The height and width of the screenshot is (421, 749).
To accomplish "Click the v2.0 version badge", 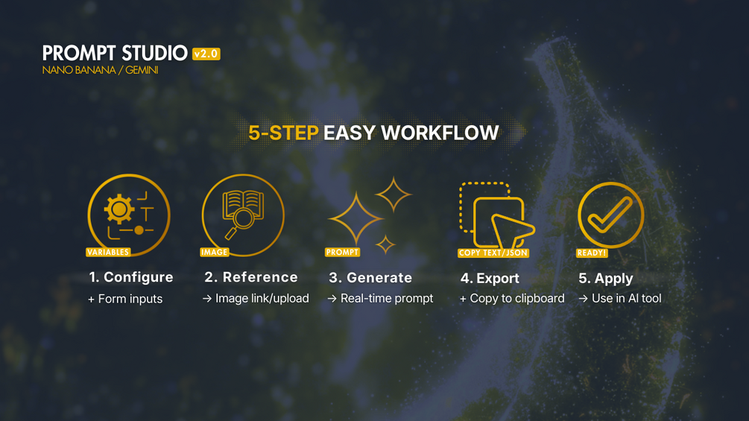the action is (x=206, y=54).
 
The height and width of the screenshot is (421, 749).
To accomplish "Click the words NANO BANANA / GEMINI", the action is (x=100, y=70).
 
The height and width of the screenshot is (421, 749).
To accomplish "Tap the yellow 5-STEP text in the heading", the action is (x=283, y=133).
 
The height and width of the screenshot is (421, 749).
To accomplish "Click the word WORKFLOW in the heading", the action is (x=440, y=133).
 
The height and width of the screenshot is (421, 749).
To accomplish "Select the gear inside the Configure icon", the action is (x=119, y=209).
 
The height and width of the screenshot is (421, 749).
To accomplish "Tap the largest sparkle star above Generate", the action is (x=356, y=219).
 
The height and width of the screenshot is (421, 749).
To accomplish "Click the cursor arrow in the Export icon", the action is (x=511, y=231).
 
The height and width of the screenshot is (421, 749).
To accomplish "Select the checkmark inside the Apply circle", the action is (x=610, y=215).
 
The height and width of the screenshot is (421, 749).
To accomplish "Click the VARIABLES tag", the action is (x=108, y=252).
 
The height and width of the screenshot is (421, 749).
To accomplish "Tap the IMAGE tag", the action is (x=214, y=252).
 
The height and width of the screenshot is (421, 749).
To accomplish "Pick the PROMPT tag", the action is (x=342, y=252).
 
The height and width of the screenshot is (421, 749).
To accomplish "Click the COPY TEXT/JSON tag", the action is (x=493, y=253).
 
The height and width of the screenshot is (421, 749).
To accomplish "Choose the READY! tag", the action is (x=591, y=253).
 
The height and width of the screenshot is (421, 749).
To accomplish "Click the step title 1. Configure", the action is (x=131, y=277).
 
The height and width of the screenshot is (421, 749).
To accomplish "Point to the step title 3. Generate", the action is (x=370, y=278).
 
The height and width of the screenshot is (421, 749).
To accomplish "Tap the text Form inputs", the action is (x=130, y=299).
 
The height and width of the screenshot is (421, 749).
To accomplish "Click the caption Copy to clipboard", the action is (x=517, y=298).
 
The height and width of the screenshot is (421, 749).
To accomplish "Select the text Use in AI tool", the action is (x=626, y=298).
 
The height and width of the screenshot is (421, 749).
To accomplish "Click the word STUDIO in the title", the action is (x=154, y=53).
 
